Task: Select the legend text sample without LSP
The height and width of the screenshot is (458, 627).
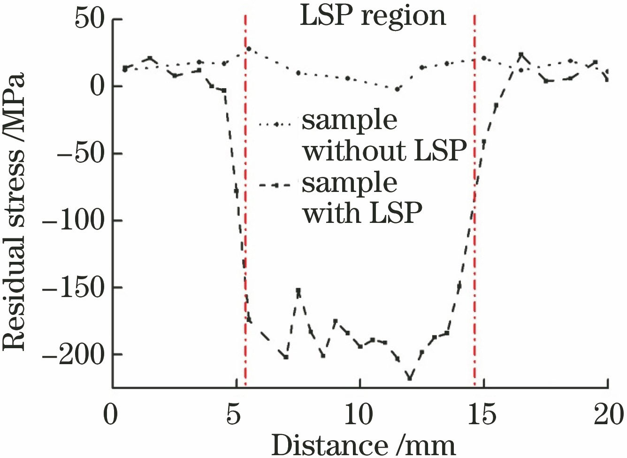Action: pyautogui.click(x=384, y=136)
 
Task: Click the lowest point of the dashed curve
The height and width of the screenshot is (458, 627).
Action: pyautogui.click(x=410, y=378)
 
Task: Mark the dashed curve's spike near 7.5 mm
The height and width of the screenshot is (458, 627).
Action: pyautogui.click(x=298, y=290)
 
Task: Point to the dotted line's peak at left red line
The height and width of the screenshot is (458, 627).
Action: pyautogui.click(x=249, y=49)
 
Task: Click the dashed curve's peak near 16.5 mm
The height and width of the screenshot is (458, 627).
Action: pyautogui.click(x=521, y=54)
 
